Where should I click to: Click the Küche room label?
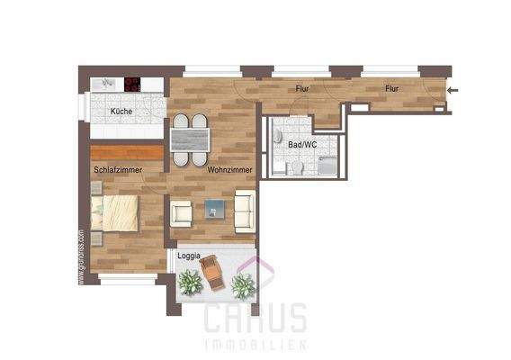pyautogui.click(x=121, y=112)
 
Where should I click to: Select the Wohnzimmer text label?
pyautogui.click(x=228, y=168)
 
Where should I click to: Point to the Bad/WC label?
pyautogui.click(x=301, y=144)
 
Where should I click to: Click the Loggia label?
pyautogui.click(x=189, y=256)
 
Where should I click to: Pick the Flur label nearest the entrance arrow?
pyautogui.click(x=391, y=88)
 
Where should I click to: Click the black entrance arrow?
pyautogui.click(x=453, y=89)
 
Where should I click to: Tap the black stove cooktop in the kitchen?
pyautogui.click(x=133, y=85)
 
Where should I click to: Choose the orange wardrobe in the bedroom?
pyautogui.click(x=126, y=152)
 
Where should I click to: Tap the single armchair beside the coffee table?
pyautogui.click(x=182, y=213)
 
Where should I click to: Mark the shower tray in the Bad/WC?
pyautogui.click(x=327, y=165)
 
